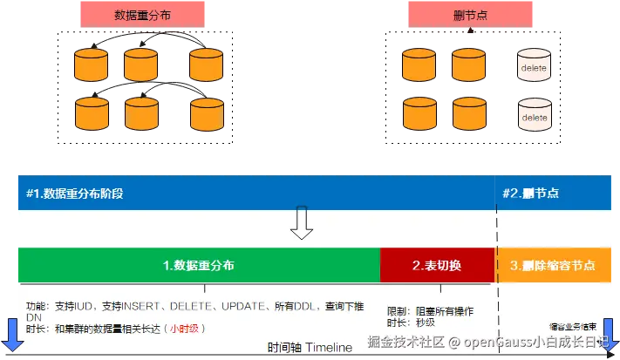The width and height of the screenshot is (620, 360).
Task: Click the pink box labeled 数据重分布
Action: click(143, 15)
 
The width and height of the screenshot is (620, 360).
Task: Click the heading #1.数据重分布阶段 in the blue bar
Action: click(74, 193)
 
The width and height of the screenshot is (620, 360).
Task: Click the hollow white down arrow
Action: click(302, 224)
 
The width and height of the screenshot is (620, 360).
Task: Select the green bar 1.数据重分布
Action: click(198, 265)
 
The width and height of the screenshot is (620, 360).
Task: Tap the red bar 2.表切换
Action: click(437, 265)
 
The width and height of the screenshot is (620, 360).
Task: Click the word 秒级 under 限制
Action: click(425, 323)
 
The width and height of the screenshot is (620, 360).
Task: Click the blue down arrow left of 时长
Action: click(12, 336)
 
